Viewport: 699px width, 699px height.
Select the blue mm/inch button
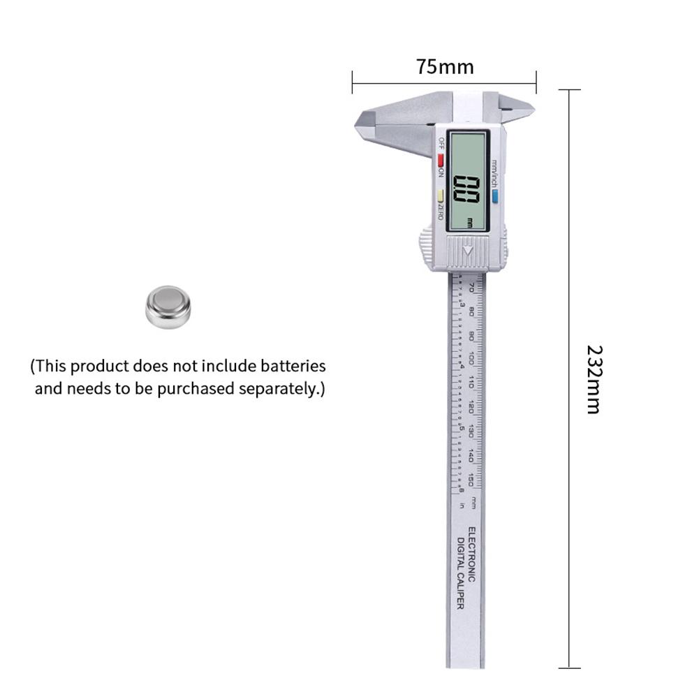tap(494, 198)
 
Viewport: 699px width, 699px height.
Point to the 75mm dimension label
tap(445, 67)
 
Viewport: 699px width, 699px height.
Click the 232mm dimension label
tap(593, 379)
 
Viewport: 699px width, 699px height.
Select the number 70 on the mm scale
tap(473, 287)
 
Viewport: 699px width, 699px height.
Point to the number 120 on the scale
tap(473, 406)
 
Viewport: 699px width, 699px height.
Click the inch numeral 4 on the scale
tap(462, 363)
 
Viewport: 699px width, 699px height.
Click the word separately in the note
tap(281, 388)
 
